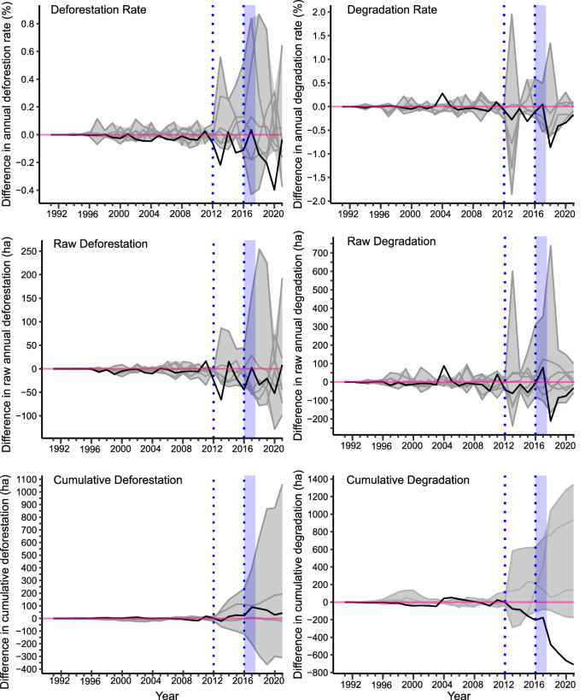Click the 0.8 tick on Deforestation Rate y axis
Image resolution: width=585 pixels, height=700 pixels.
(x=30, y=23)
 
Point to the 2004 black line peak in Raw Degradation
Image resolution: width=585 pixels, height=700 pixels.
(x=443, y=367)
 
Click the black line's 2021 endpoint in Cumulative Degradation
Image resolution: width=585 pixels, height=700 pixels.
(x=573, y=663)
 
